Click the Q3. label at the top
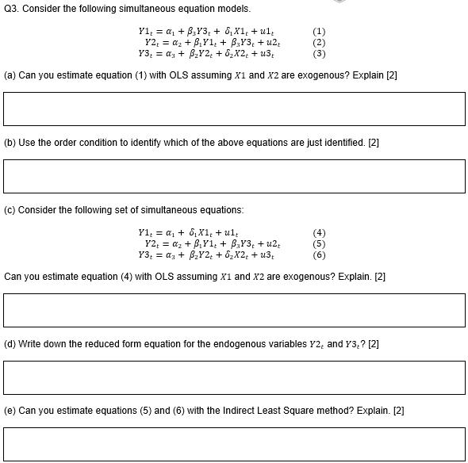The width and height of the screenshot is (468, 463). click(13, 9)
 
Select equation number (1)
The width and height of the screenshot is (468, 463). click(319, 33)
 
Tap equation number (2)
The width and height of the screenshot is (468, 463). click(319, 43)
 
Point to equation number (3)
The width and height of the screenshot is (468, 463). click(319, 54)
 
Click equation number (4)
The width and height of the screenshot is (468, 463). click(319, 233)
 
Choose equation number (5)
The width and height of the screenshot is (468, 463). click(319, 243)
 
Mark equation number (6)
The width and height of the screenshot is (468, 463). click(319, 254)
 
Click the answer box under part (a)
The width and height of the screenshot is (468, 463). click(234, 108)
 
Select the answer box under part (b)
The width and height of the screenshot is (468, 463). click(234, 175)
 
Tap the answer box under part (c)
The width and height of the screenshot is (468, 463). click(234, 310)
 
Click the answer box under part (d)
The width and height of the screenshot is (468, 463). click(234, 377)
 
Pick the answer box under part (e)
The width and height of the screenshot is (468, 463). click(234, 444)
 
